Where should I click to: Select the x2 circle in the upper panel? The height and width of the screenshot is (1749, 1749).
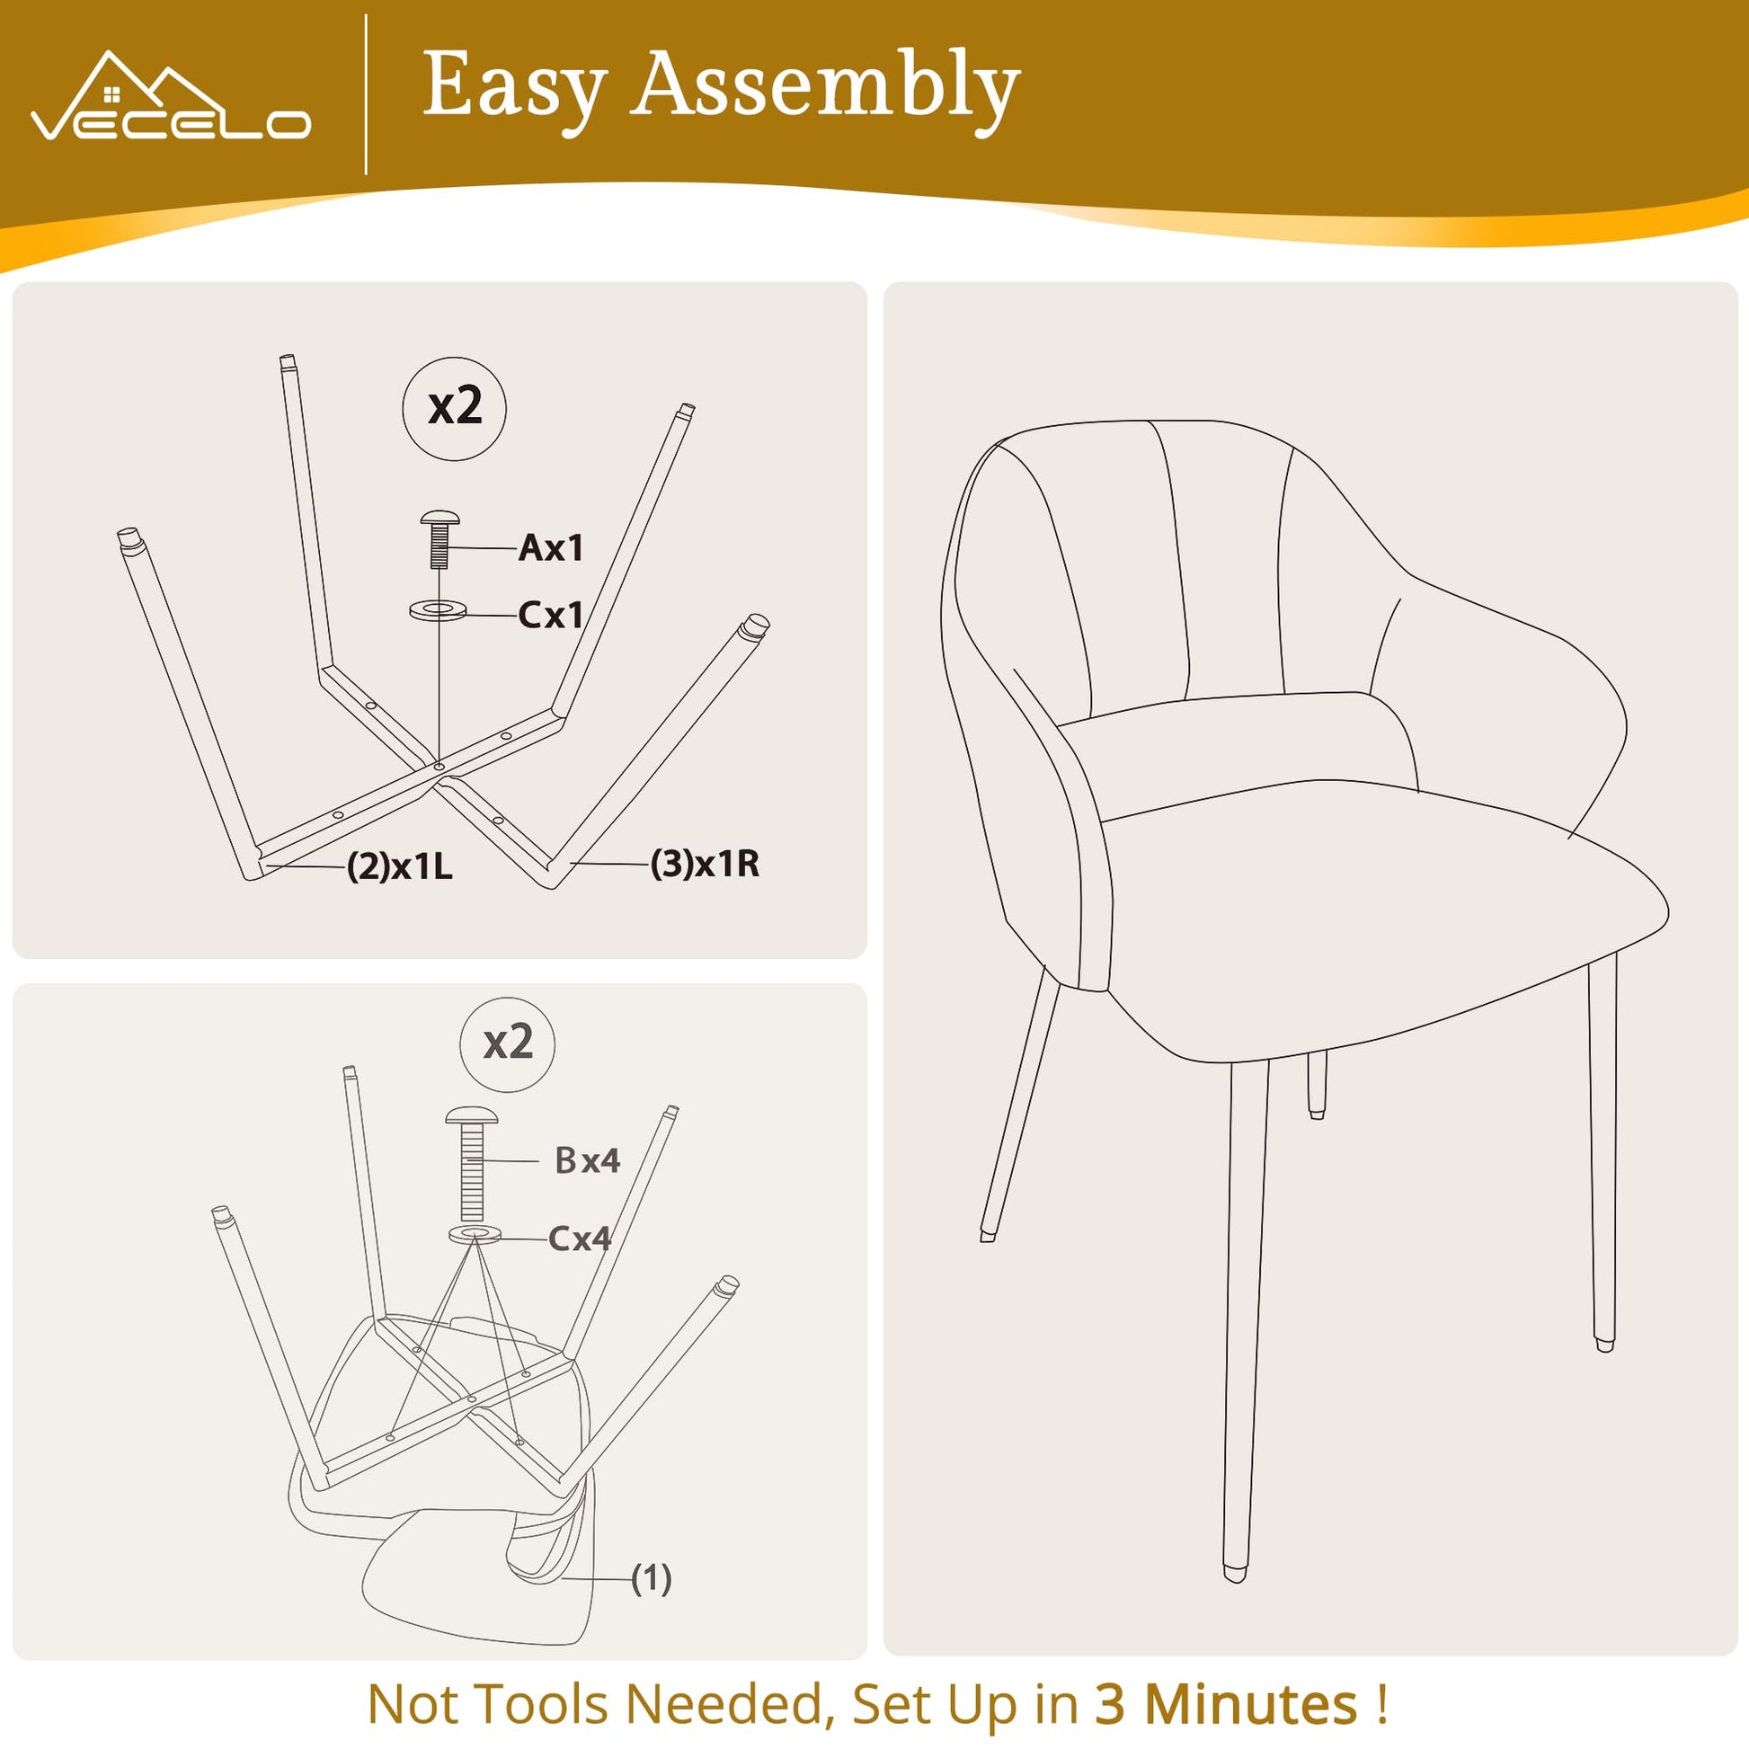pos(454,408)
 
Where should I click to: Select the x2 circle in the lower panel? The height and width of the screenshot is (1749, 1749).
pos(507,1043)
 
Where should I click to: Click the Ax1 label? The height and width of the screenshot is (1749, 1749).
pos(550,547)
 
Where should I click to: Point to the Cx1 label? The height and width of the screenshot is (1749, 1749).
pos(550,616)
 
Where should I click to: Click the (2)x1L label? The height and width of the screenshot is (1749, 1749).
pos(399,867)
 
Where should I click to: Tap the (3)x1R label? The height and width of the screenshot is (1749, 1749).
pos(706,864)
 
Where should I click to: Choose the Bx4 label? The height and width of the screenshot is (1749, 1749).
pos(588,1159)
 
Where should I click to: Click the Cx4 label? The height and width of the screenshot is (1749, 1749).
pos(580,1239)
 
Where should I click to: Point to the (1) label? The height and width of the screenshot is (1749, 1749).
pos(651,1578)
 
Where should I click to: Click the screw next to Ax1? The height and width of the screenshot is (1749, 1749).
pos(440,537)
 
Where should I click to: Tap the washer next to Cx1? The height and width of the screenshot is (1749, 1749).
pos(439,609)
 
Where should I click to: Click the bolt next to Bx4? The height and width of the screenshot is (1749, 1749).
pos(472,1162)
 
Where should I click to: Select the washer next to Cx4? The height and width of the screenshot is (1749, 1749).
pos(475,1234)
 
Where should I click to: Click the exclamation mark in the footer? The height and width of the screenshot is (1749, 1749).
pos(1381,1704)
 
